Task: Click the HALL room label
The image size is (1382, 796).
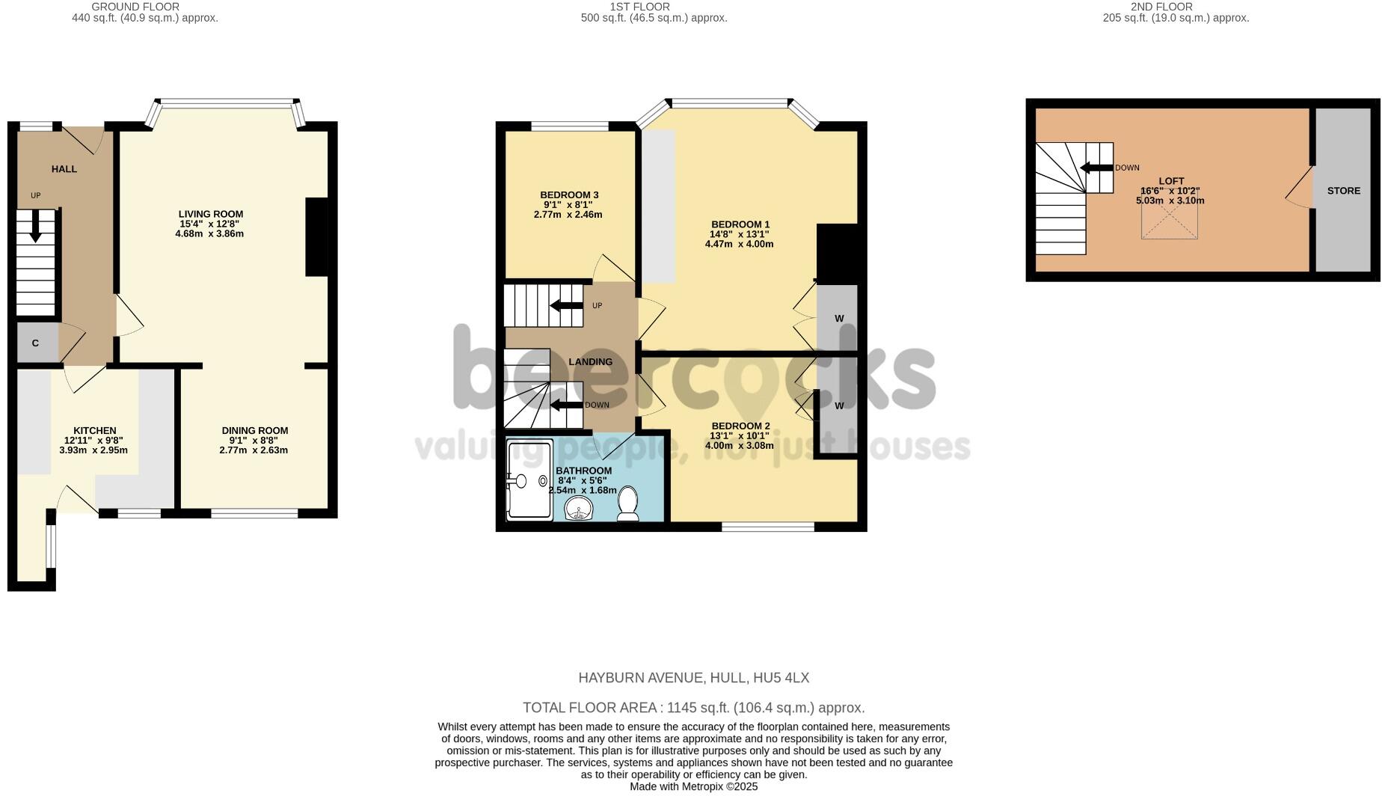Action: (x=64, y=169)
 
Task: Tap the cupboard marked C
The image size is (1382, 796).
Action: (x=35, y=343)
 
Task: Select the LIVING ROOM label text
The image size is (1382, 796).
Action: (x=211, y=214)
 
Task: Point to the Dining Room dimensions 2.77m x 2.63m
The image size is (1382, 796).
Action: (x=254, y=450)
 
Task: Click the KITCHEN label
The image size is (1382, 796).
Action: (x=95, y=430)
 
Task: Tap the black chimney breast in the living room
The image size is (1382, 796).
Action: (x=317, y=237)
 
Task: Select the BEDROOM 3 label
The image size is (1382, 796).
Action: (x=570, y=195)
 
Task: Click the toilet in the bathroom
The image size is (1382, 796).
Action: (x=627, y=504)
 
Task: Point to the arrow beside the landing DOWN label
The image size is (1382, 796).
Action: (x=566, y=405)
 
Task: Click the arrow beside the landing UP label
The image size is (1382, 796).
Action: (x=566, y=305)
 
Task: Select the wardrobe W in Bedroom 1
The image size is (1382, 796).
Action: (x=839, y=319)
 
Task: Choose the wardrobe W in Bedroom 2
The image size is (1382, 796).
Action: (x=839, y=406)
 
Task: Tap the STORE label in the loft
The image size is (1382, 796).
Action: (x=1344, y=191)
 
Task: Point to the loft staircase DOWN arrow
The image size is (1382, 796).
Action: (x=1097, y=168)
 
